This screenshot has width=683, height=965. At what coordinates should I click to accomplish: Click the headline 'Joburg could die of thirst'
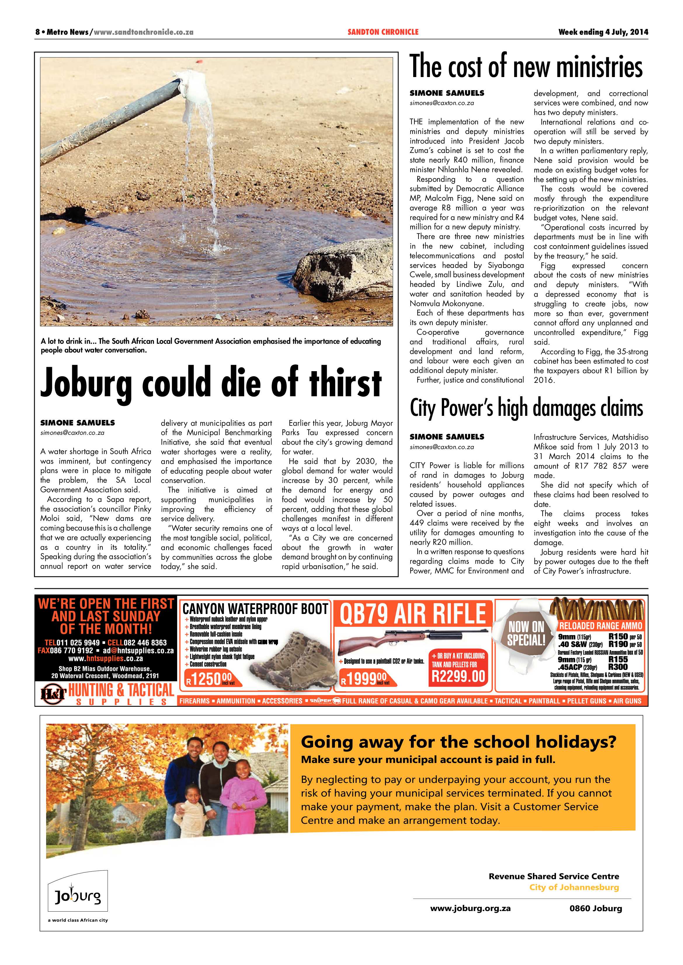(x=211, y=383)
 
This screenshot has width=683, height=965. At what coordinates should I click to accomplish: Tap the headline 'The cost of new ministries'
(x=526, y=67)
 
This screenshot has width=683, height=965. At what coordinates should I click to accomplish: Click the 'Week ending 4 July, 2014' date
(x=603, y=32)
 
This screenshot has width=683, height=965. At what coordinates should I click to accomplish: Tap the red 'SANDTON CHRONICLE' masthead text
(x=383, y=32)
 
